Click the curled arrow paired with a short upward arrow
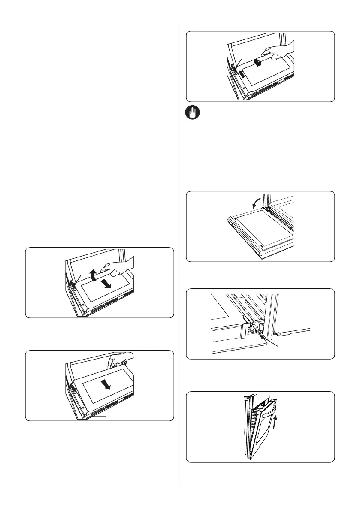point(257,63)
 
